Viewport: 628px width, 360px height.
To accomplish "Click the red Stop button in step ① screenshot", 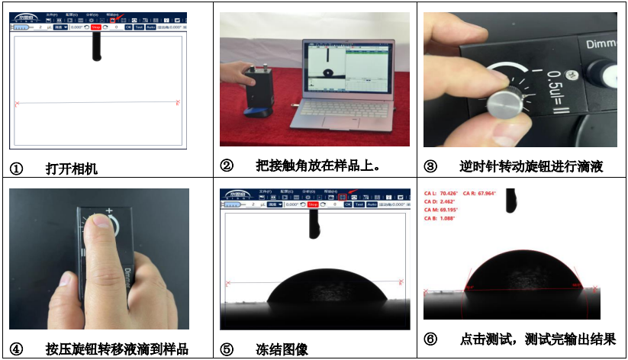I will pos(95,27).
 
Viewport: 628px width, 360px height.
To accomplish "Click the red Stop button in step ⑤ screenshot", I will pos(312,204).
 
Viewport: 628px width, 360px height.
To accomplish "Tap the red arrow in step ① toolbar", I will pos(118,17).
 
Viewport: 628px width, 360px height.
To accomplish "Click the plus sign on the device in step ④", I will pos(109,211).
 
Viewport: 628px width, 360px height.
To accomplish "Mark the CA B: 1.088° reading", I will pos(441,219).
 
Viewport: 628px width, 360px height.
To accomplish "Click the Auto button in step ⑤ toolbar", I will pos(372,204).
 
